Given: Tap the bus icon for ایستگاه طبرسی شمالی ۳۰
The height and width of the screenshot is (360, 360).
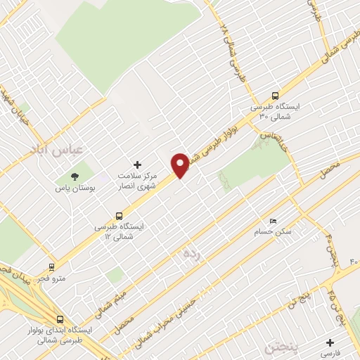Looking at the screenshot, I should [x=275, y=96].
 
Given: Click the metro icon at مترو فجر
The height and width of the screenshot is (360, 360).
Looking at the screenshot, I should [x=51, y=267].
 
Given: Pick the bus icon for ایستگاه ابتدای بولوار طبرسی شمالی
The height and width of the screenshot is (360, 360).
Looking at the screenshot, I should [x=62, y=319].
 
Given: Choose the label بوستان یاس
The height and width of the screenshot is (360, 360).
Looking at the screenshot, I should [x=75, y=188].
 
